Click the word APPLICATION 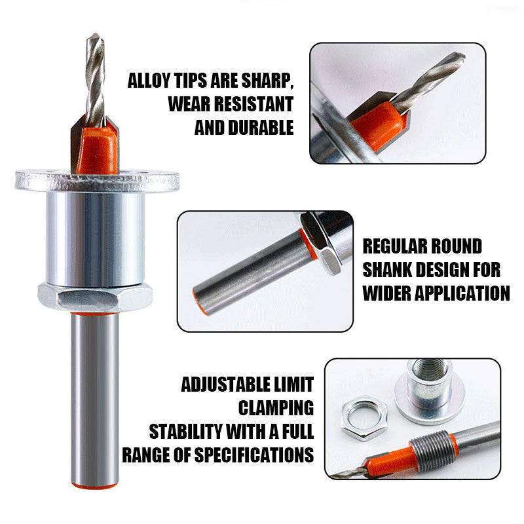[451, 292]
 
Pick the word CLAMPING [276, 408]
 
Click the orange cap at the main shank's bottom [96, 483]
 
